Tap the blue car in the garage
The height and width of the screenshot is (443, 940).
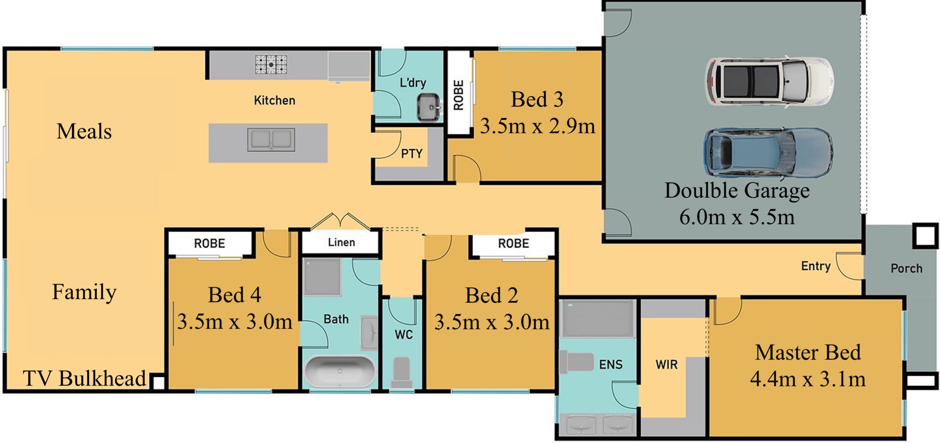(768, 152)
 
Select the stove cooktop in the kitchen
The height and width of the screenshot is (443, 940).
(271, 64)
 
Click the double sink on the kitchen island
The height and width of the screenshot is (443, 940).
(271, 139)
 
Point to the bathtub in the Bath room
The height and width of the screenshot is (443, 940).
(339, 371)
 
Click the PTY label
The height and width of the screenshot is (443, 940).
(412, 154)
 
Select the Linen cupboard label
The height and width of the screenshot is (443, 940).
(341, 242)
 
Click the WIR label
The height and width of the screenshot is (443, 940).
(666, 364)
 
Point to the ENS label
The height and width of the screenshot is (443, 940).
(611, 364)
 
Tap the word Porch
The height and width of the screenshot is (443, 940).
(906, 268)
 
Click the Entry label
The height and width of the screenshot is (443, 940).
(816, 266)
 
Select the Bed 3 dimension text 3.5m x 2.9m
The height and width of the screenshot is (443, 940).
(537, 126)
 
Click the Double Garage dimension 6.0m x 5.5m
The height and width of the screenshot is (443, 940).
(737, 217)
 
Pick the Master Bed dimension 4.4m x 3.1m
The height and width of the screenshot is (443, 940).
(808, 379)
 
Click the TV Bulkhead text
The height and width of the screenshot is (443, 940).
(84, 378)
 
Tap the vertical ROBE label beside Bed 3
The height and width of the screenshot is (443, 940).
(458, 95)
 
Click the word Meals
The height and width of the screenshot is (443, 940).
(84, 131)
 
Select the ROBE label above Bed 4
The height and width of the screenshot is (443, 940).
(209, 243)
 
